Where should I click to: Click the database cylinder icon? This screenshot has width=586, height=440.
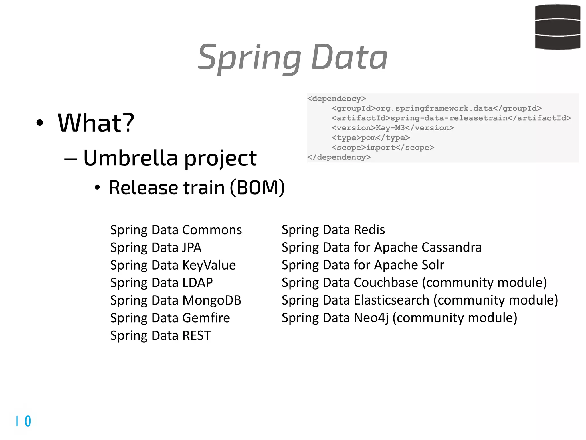(557, 27)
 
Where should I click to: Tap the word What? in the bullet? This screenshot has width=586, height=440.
(96, 123)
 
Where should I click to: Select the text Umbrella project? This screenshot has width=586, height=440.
(170, 158)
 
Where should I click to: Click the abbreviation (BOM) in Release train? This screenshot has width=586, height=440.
(257, 188)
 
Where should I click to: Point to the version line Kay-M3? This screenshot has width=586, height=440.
(393, 128)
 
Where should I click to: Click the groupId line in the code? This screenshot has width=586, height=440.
(436, 108)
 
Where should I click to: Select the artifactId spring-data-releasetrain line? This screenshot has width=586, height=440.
(451, 118)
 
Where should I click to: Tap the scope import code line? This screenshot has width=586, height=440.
(383, 148)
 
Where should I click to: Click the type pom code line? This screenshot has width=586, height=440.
(371, 138)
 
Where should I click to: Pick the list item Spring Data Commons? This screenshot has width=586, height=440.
(176, 230)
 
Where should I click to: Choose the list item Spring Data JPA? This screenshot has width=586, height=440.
(156, 247)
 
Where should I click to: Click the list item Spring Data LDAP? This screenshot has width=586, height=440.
(161, 283)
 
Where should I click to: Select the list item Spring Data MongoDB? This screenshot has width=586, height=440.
(176, 300)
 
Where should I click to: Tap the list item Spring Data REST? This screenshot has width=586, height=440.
(160, 335)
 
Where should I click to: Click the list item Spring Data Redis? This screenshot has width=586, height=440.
(333, 230)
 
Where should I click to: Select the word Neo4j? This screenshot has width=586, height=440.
(371, 318)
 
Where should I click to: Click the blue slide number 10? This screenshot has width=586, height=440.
(23, 421)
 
